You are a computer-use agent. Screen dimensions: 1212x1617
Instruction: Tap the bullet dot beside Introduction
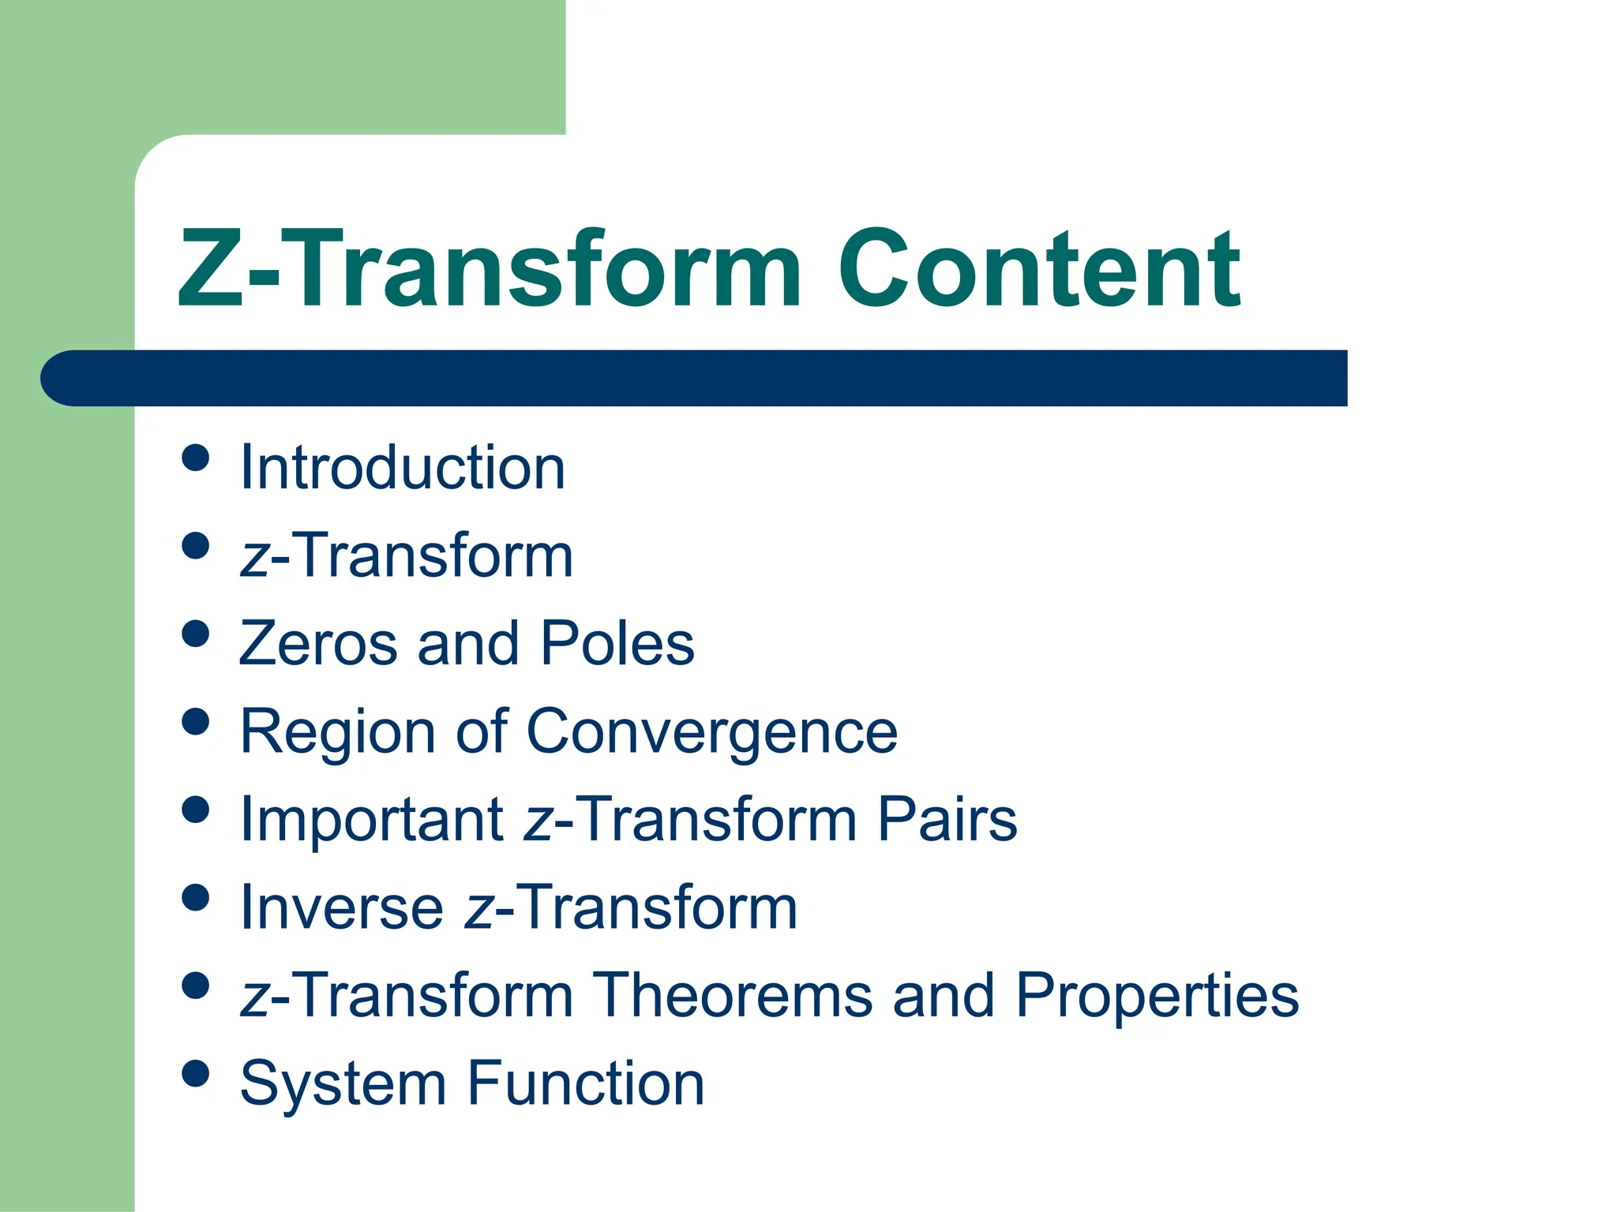pos(195,458)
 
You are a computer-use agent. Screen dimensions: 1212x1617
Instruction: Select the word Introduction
pos(403,467)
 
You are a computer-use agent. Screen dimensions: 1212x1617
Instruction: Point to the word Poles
pos(617,643)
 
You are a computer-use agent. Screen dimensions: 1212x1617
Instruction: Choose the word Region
pos(337,731)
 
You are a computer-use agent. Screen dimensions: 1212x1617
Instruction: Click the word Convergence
pos(711,731)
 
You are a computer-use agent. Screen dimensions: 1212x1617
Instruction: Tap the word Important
pos(372,819)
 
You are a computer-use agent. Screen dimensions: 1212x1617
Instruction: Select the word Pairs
pos(947,819)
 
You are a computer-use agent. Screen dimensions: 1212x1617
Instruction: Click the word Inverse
pos(341,907)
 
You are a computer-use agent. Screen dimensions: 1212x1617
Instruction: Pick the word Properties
pos(1157,995)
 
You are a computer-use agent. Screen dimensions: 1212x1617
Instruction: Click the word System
pos(343,1083)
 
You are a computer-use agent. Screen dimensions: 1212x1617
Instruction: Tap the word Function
pos(586,1083)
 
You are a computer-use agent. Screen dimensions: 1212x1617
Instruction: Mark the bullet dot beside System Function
pos(195,1073)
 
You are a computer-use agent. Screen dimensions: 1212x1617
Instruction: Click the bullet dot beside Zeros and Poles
pos(195,634)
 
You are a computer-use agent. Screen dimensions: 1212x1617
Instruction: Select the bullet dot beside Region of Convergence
pos(195,721)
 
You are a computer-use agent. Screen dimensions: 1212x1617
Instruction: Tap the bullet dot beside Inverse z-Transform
pos(195,897)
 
